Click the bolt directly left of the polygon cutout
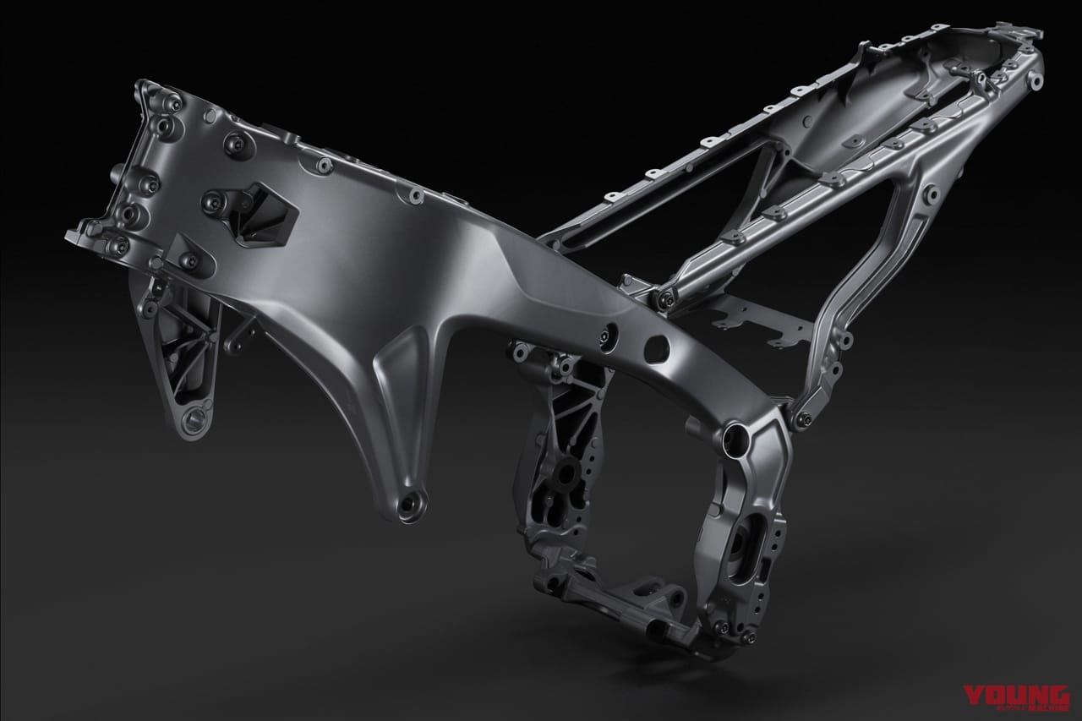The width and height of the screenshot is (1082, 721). [210, 200]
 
